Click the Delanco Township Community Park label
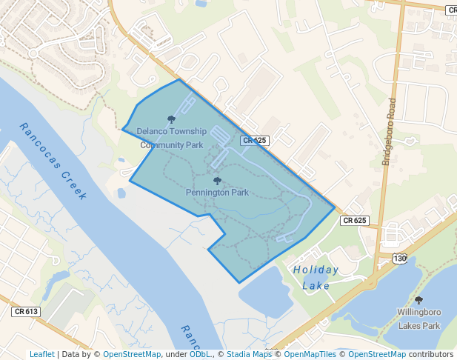171,138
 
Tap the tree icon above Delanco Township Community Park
172,119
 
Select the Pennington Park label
217,193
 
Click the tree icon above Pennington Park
217,180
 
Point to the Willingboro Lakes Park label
419,319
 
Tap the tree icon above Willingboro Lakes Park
419,300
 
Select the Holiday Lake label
316,277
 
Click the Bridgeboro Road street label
391,130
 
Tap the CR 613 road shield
26,312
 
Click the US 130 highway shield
400,259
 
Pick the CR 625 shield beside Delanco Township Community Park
254,140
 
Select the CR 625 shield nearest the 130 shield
355,220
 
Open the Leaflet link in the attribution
42,354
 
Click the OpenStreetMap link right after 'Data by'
132,354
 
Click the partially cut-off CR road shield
452,10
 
